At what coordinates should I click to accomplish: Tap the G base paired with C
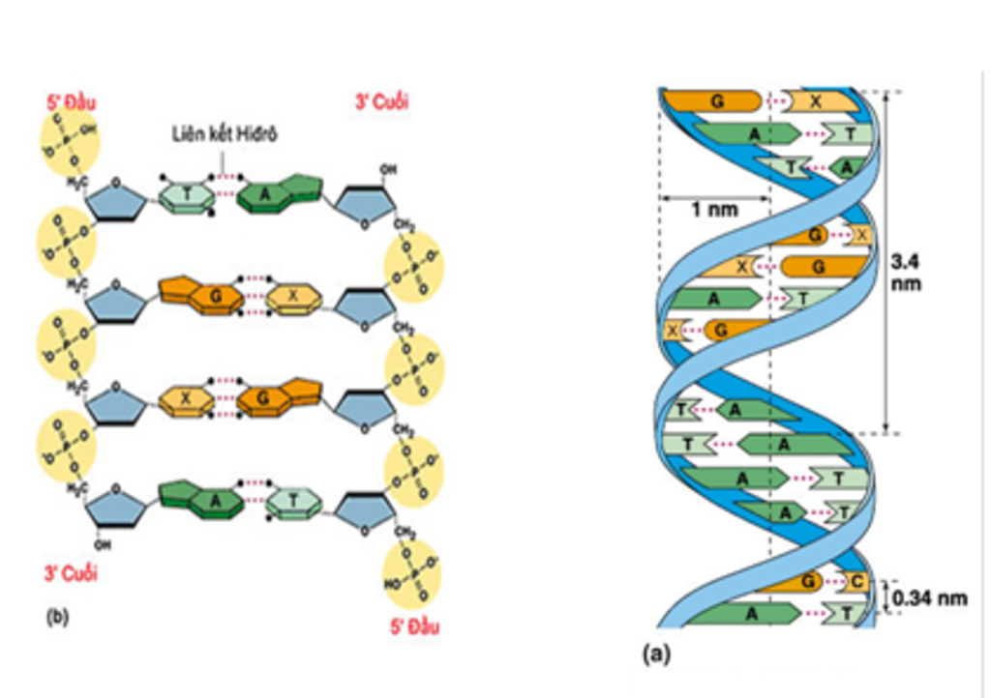[806, 581]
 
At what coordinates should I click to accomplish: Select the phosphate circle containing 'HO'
[412, 575]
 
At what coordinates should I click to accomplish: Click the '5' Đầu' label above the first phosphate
[71, 102]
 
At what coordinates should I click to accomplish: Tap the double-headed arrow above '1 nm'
[714, 198]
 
